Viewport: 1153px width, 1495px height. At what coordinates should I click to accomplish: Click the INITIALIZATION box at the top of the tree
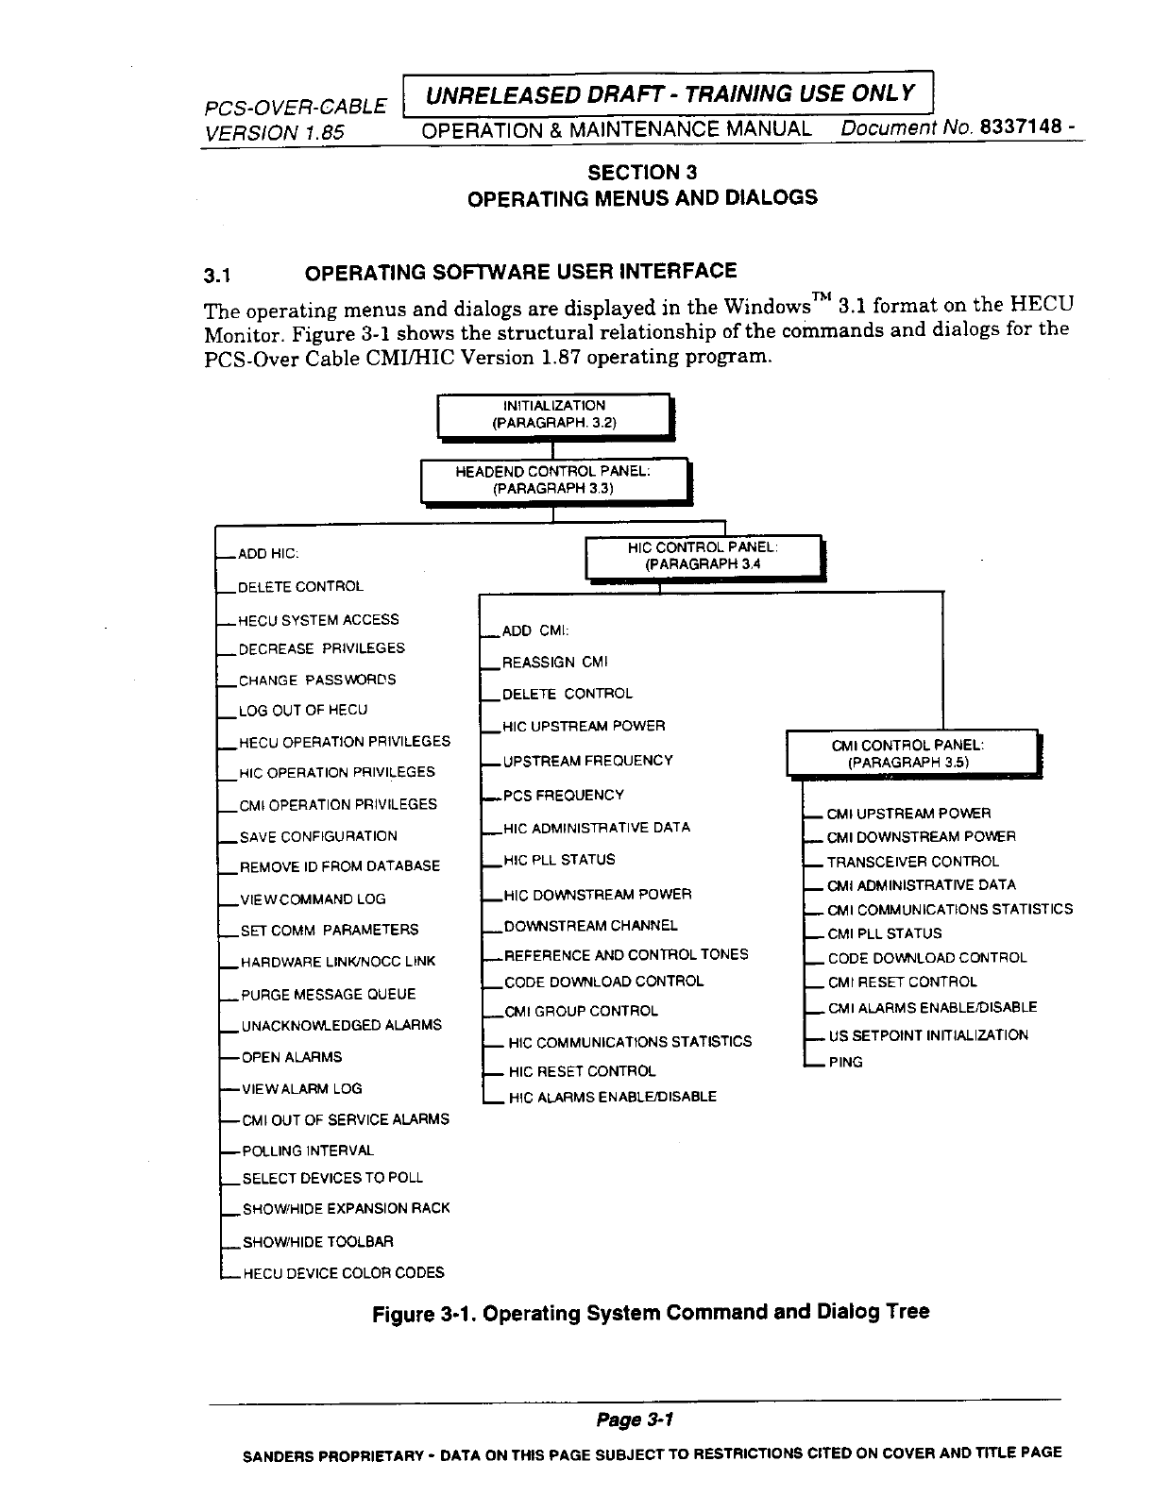point(553,414)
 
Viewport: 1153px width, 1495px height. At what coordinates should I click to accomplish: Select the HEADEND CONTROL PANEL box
point(553,479)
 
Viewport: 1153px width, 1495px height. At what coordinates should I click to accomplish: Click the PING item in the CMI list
point(845,1062)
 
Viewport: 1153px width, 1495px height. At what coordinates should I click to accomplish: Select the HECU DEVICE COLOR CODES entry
point(343,1272)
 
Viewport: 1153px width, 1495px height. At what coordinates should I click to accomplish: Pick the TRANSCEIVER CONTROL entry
point(912,861)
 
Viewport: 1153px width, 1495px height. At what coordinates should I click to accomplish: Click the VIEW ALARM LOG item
point(301,1088)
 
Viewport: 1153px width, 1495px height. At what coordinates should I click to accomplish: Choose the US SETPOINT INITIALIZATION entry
point(927,1034)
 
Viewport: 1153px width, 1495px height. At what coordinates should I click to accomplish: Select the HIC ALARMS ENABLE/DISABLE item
point(612,1096)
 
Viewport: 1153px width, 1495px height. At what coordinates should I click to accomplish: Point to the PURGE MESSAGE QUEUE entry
point(328,994)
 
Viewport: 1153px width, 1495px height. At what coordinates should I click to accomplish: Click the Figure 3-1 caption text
point(651,1312)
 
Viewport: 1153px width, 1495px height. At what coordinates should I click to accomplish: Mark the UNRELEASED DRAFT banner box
point(669,92)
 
